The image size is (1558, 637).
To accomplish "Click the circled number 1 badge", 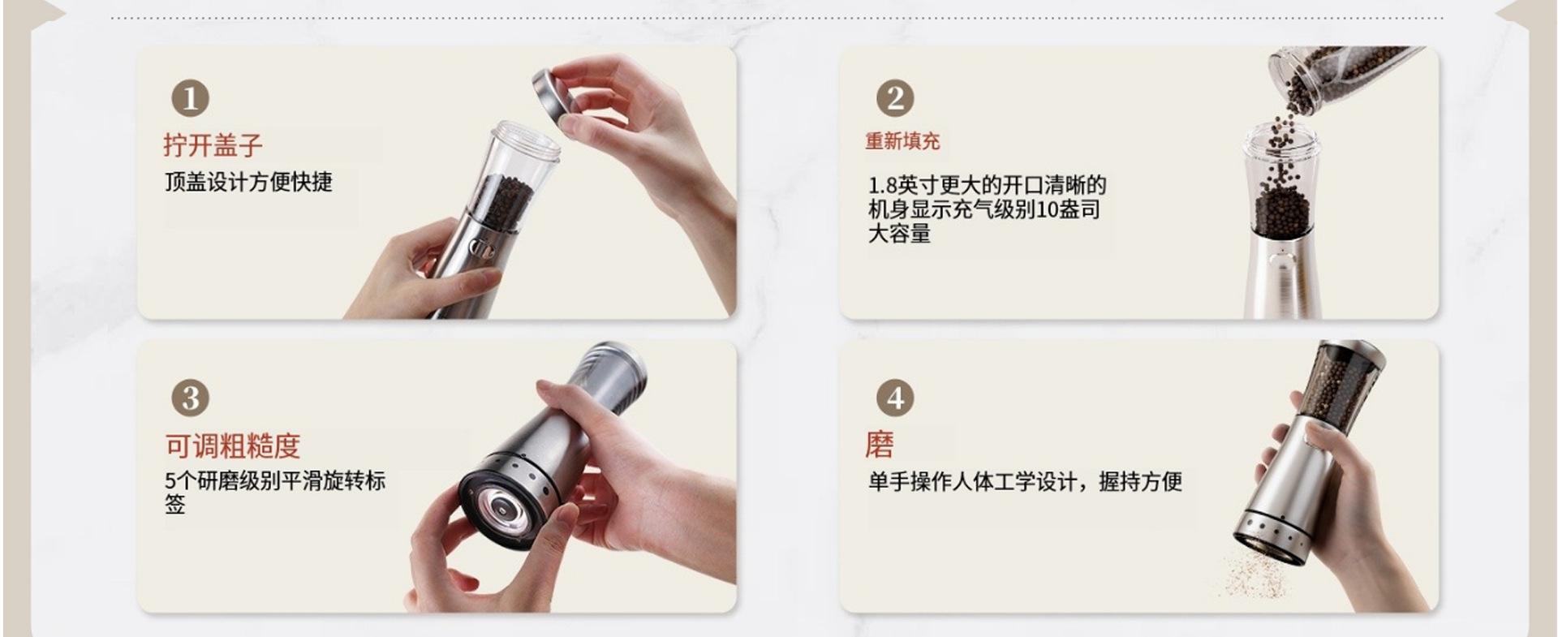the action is click(x=190, y=98).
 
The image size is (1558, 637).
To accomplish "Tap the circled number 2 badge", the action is click(x=895, y=98).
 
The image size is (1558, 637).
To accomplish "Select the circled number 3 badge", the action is click(x=190, y=398).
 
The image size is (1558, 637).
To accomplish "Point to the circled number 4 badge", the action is click(x=895, y=398).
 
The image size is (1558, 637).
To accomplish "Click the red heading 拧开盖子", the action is click(x=213, y=145).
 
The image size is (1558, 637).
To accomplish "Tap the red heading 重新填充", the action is click(x=902, y=141).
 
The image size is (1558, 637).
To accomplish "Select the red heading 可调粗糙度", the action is click(x=233, y=445).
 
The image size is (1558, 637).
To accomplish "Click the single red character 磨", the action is click(x=880, y=445).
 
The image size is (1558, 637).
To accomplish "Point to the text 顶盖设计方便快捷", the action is click(x=249, y=182).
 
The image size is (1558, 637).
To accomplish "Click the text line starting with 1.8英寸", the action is click(x=987, y=185).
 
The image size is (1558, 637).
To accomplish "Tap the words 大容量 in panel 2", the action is click(x=899, y=234).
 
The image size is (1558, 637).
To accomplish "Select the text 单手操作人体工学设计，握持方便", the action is click(x=1025, y=482).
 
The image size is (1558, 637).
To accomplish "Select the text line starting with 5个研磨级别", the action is click(x=275, y=481).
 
